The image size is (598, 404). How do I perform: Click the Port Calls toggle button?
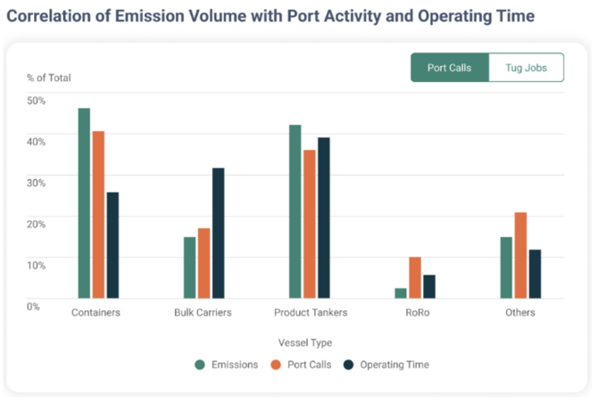449,68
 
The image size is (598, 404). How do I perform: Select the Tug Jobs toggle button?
526,68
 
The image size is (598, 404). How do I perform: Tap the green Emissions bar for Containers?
84,202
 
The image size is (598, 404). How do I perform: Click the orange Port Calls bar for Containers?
98,214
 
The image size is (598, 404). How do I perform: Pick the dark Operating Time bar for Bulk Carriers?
218,233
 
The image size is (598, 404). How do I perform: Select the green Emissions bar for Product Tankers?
295,211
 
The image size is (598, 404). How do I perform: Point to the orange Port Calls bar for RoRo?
414,277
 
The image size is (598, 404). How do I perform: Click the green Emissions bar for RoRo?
400,293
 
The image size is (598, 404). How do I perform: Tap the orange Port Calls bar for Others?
520,255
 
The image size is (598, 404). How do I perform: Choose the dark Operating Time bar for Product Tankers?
323,218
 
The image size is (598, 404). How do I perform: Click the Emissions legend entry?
228,365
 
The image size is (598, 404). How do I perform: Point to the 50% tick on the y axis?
37,100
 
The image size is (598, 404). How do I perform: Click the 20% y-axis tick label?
37,223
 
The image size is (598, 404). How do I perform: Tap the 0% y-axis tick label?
34,306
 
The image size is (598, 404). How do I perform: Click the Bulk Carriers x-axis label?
203,313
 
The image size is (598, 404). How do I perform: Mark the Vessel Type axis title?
303,342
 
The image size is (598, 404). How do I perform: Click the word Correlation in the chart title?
54,16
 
